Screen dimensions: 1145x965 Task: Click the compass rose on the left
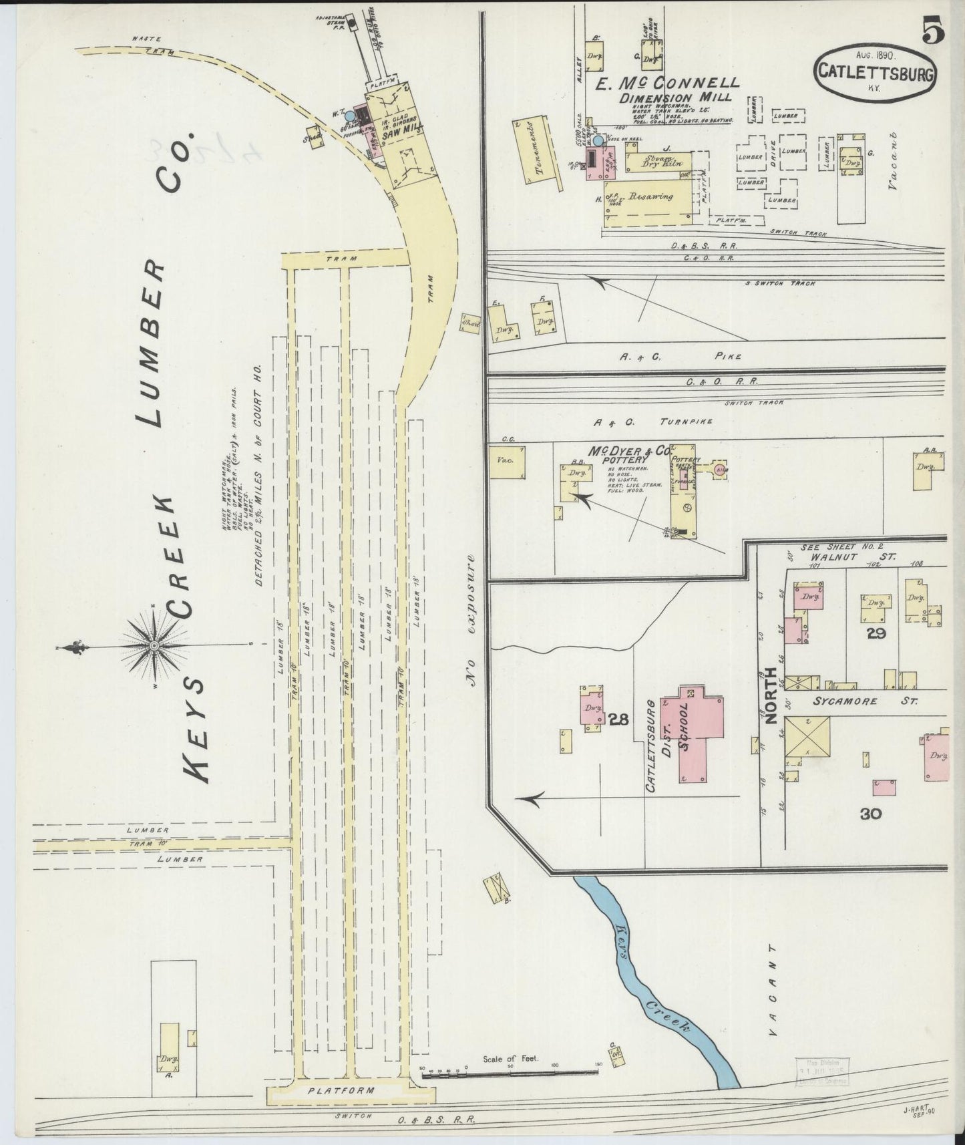click(154, 646)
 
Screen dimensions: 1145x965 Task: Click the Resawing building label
click(648, 198)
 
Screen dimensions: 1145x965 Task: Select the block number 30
click(871, 813)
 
